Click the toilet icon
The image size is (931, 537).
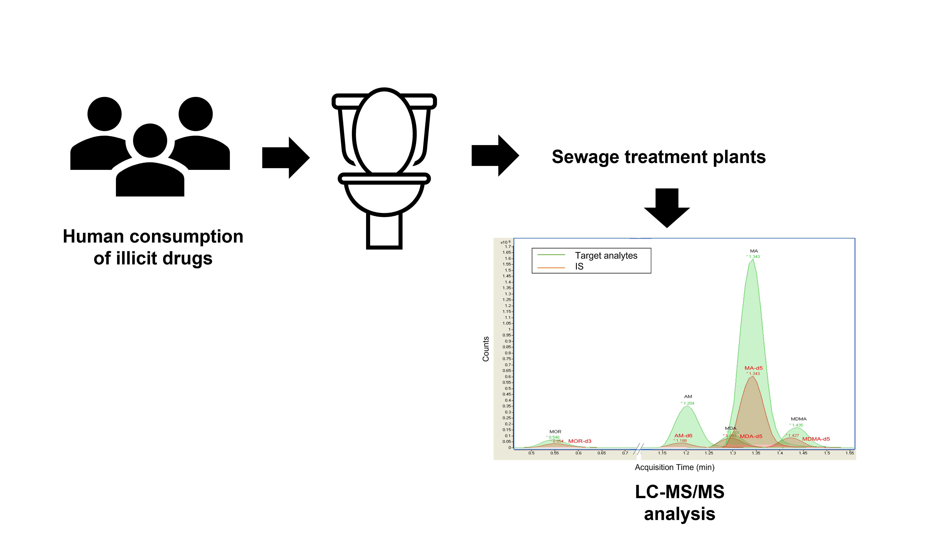tap(384, 168)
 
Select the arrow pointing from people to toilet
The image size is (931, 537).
tap(285, 158)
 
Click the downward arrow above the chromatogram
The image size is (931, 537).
tap(667, 208)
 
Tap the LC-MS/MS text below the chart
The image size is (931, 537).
tap(679, 492)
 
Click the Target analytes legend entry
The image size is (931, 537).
tap(606, 256)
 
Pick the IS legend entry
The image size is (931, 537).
tap(579, 266)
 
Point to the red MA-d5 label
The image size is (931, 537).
tap(753, 368)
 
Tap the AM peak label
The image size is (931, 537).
tap(688, 397)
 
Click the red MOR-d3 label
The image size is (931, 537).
tap(579, 441)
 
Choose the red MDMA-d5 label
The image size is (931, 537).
tap(816, 439)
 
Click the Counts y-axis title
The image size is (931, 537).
tap(486, 349)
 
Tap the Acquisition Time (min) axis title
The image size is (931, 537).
tap(674, 467)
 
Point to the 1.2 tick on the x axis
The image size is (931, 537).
tap(686, 453)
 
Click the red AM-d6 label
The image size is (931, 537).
tap(683, 436)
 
